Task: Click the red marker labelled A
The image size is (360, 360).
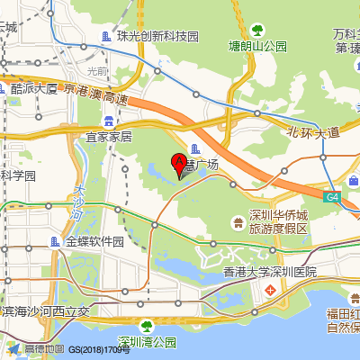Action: pos(178,165)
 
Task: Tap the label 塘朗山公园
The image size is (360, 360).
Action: pos(258,46)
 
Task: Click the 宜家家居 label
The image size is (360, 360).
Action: pos(109,137)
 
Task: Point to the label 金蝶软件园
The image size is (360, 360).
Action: pos(94,241)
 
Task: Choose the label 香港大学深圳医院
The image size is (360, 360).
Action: pos(271,271)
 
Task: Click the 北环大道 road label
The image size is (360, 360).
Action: pos(313,132)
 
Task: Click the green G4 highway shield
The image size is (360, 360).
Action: pos(333,196)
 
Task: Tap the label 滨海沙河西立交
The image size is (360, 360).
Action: pos(47,311)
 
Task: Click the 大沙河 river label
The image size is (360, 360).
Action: pos(80,203)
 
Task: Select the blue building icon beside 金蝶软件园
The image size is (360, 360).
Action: pos(56,241)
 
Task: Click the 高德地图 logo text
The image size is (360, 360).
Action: pos(44,349)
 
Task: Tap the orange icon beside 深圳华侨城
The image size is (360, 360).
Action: pos(237,217)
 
